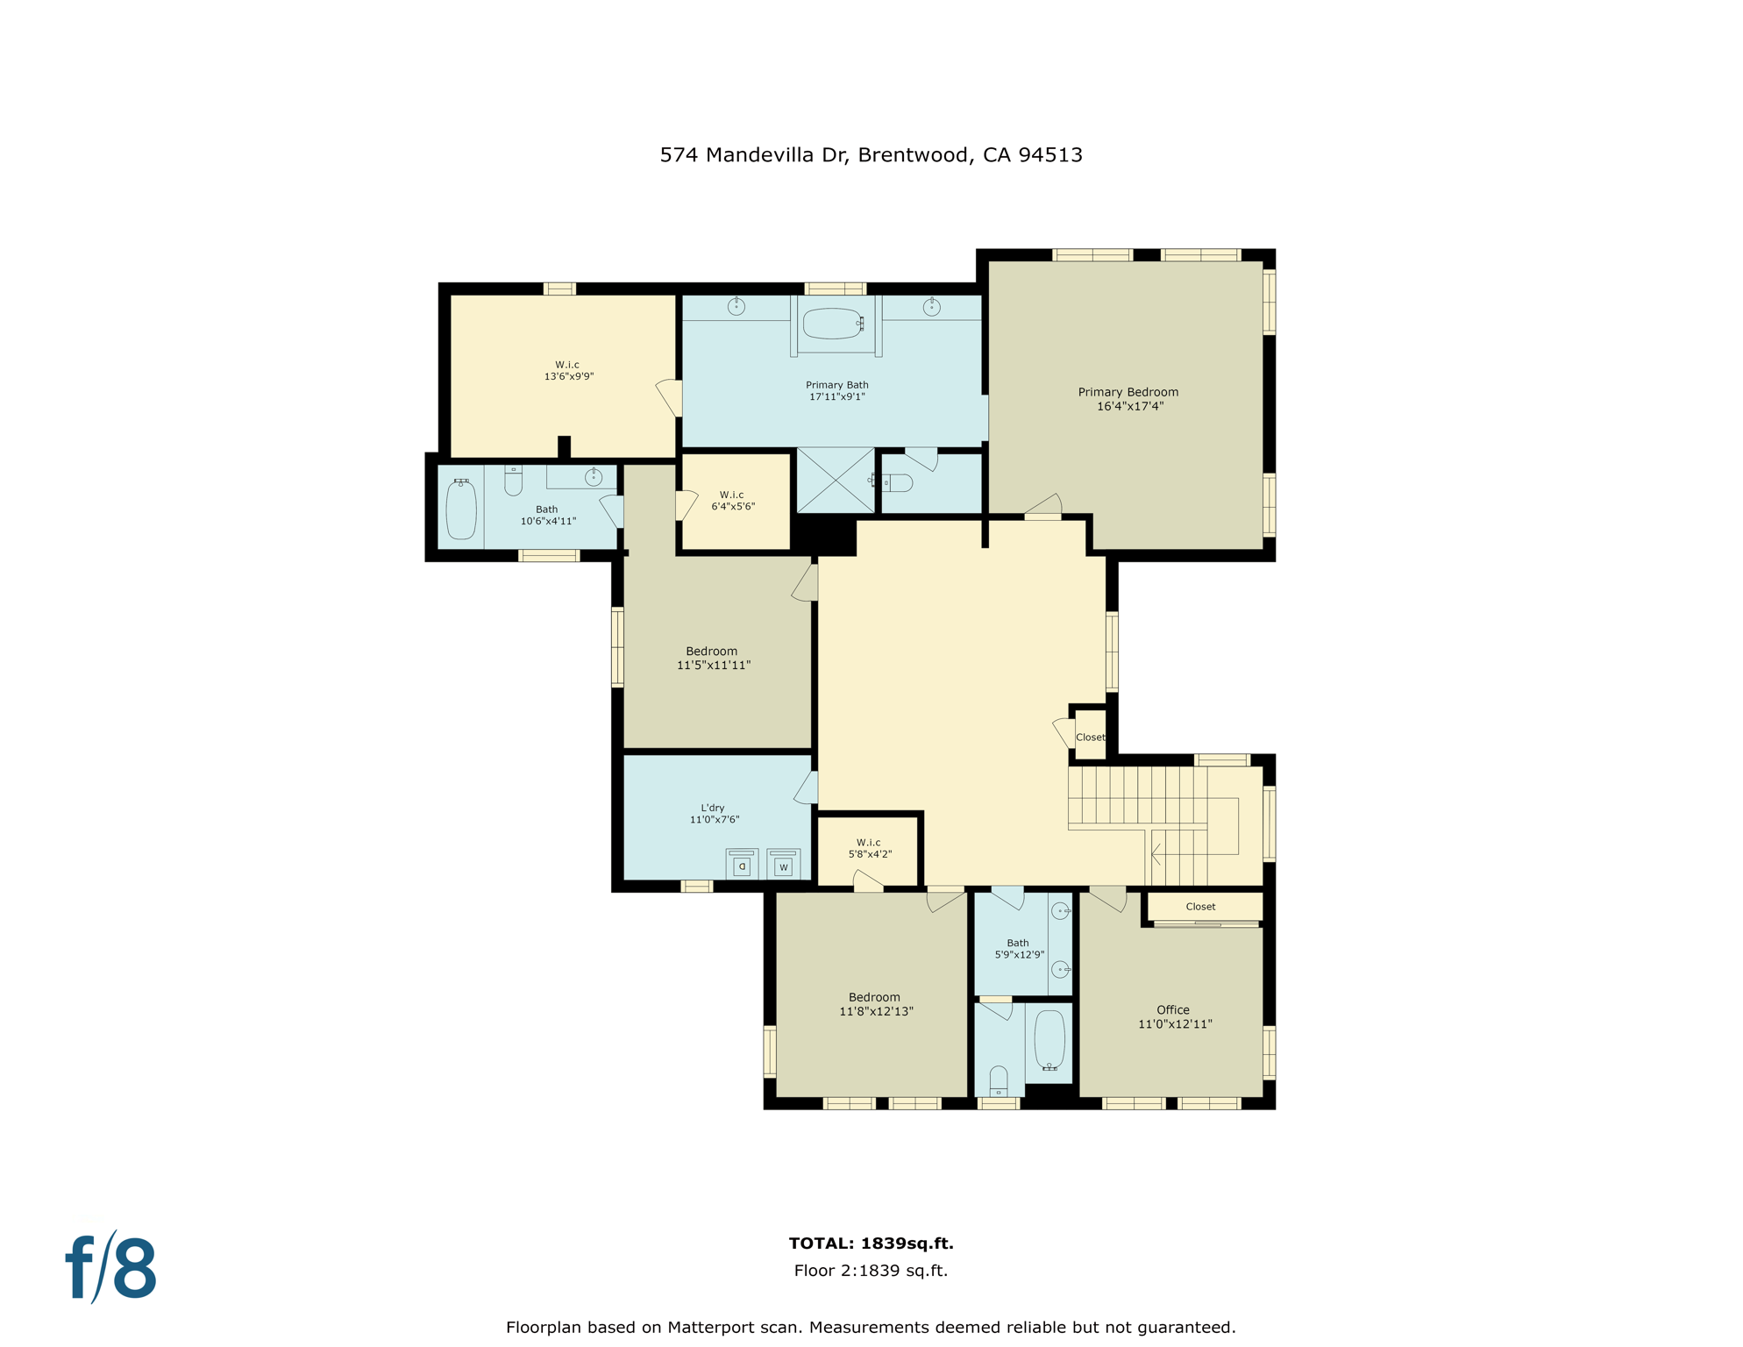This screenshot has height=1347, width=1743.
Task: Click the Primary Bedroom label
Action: tap(1128, 399)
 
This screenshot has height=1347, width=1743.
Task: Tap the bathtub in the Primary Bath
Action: tap(832, 324)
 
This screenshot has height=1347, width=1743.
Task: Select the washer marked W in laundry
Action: tap(783, 865)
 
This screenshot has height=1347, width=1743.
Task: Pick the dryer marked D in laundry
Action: tap(742, 865)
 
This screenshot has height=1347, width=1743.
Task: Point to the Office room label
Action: tap(1174, 1016)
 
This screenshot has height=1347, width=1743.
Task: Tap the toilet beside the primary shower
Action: tap(898, 482)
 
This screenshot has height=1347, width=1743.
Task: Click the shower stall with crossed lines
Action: tap(836, 481)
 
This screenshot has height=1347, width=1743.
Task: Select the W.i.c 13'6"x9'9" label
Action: tap(568, 370)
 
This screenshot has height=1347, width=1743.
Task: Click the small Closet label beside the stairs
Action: tap(1090, 738)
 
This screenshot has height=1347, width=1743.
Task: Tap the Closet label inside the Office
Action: tap(1200, 907)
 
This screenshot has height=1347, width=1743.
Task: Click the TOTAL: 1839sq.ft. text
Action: tap(871, 1243)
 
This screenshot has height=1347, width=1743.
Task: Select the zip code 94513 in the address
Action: tap(1050, 155)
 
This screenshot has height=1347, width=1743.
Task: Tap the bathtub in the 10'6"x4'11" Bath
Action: tap(461, 510)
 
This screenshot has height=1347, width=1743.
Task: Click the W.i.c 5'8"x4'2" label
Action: tap(869, 848)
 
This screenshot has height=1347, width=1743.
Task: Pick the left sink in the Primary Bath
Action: tap(736, 306)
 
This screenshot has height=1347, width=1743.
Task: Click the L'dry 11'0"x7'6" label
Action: tap(714, 814)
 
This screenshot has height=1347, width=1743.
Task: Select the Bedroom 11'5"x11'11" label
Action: tap(713, 658)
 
